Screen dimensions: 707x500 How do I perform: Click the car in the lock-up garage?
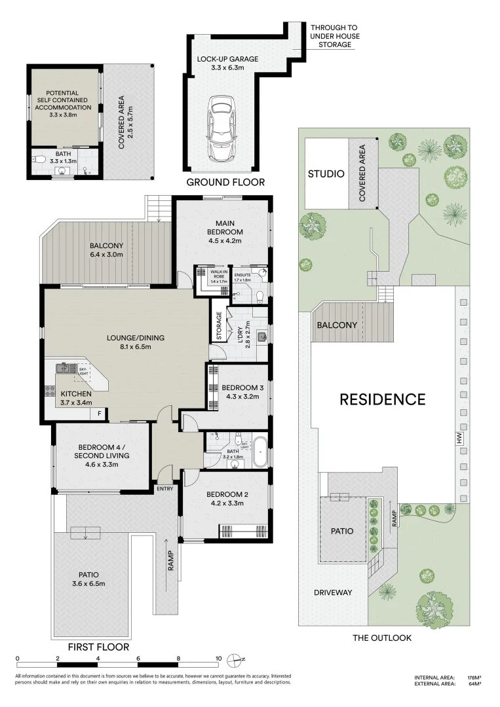(x=221, y=128)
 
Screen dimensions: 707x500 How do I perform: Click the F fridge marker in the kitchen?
(x=100, y=413)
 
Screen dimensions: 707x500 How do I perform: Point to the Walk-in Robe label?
(x=218, y=274)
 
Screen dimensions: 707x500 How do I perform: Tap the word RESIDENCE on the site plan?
(x=382, y=399)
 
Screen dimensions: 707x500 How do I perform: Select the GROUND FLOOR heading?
(x=225, y=182)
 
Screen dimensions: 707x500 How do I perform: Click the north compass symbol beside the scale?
(x=237, y=659)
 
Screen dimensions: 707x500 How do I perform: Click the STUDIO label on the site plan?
(x=326, y=174)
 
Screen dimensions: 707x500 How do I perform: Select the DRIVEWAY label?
(x=333, y=592)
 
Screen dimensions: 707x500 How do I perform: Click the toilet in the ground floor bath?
(x=40, y=158)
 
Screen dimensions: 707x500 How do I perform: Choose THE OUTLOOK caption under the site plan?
(x=382, y=638)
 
